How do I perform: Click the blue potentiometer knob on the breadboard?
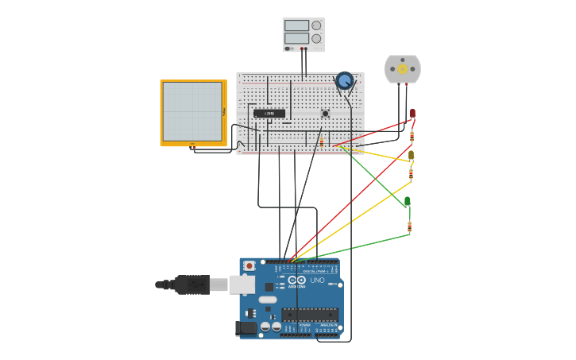coord(344,80)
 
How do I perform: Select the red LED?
coord(412,114)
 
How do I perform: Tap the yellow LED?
coord(411,154)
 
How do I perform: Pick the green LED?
coord(408,201)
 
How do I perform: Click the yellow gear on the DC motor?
coord(402,68)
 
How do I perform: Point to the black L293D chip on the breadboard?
coord(269,114)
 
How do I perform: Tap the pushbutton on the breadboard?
coord(325,114)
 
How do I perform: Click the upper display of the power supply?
coord(296,25)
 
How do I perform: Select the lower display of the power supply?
coord(296,38)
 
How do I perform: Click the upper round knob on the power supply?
coord(316,25)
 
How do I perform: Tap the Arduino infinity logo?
coord(296,280)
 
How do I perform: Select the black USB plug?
coord(191,285)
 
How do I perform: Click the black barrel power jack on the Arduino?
coord(245,327)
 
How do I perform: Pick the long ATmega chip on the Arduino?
coord(310,315)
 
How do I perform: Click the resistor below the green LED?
coord(409,226)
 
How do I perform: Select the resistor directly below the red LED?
coord(412,136)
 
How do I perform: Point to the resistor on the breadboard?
coord(322,141)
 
